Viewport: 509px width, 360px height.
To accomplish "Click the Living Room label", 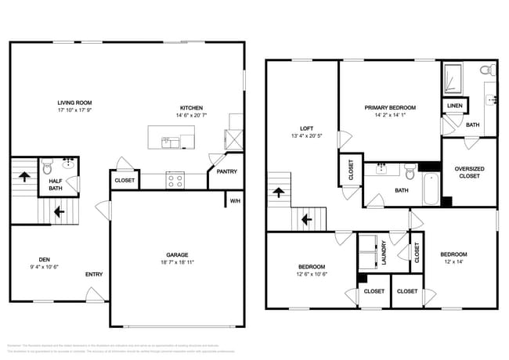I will [75, 103].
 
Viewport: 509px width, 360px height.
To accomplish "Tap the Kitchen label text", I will [192, 107].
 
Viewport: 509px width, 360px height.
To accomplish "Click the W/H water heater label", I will [234, 201].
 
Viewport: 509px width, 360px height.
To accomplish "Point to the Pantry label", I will [226, 171].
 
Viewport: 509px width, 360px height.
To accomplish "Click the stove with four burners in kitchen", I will [175, 180].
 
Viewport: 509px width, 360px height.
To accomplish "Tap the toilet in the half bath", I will [47, 167].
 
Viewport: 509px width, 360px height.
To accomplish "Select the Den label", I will [45, 259].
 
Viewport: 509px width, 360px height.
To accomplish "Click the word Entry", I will [94, 274].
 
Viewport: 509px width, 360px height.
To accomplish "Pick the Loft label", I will [307, 128].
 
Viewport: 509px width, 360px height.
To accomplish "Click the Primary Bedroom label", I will [390, 107].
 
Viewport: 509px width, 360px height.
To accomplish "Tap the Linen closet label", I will [454, 106].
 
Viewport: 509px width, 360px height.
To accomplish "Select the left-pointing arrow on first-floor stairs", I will [56, 210].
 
